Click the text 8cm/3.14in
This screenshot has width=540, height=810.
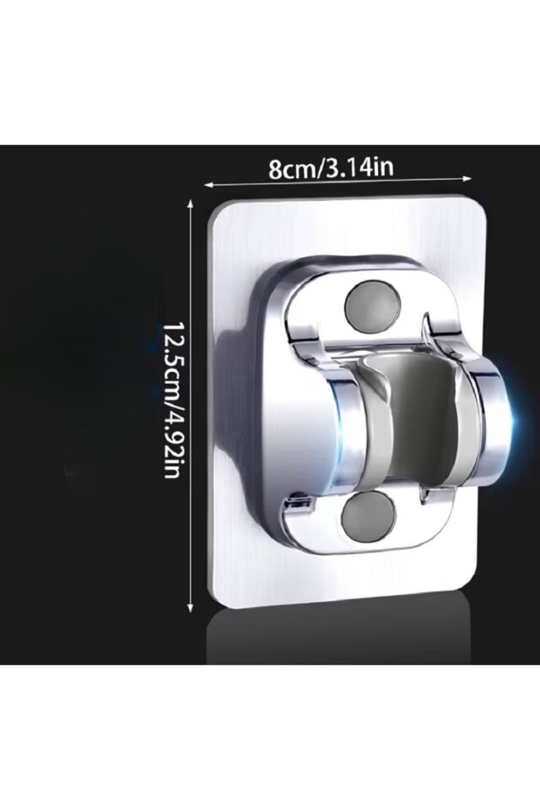pyautogui.click(x=331, y=169)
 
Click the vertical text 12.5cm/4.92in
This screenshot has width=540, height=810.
pyautogui.click(x=171, y=400)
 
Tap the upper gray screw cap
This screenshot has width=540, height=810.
pyautogui.click(x=371, y=305)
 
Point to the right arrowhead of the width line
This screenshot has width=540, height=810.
pyautogui.click(x=467, y=179)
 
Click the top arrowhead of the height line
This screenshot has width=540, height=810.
pyautogui.click(x=191, y=203)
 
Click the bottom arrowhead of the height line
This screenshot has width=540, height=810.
pyautogui.click(x=191, y=607)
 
